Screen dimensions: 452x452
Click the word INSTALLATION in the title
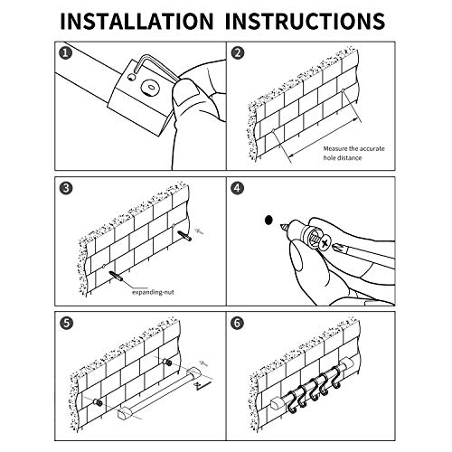137,21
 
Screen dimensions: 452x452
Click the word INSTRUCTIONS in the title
305,21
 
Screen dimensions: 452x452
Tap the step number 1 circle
66,53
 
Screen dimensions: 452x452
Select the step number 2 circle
238,53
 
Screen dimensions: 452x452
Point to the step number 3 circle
66,188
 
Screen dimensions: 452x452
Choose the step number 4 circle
238,188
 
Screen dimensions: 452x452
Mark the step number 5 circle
66,324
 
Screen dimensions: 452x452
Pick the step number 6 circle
238,324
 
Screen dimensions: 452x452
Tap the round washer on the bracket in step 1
150,88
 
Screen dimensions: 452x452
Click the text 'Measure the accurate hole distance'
353,153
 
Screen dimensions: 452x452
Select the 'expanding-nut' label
154,292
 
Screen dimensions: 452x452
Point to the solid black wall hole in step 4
268,221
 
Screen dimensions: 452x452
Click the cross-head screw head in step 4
325,242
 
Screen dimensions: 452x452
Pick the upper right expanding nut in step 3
184,235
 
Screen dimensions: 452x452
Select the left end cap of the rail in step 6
276,403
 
